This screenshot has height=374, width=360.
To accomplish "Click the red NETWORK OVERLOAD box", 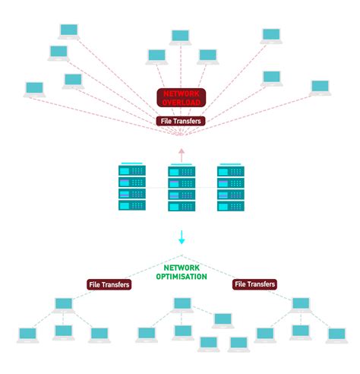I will [x=181, y=97].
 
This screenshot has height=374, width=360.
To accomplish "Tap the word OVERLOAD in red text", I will [x=181, y=102].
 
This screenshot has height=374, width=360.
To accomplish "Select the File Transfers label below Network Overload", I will [x=181, y=121].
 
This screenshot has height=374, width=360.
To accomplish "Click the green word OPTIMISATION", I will [x=182, y=277].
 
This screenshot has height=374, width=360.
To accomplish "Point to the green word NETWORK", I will [x=182, y=268].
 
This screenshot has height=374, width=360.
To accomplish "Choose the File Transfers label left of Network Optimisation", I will [x=109, y=284].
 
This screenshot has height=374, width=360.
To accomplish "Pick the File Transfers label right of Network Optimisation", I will [x=254, y=284].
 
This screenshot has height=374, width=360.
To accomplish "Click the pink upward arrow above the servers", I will [x=181, y=155].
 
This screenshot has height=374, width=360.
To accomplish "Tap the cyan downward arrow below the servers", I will [x=182, y=238].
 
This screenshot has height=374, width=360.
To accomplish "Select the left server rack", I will [x=131, y=188].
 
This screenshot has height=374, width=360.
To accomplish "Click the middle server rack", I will [x=182, y=188].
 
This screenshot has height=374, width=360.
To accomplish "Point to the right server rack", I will [x=232, y=188].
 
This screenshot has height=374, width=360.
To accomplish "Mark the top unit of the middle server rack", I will [x=182, y=170].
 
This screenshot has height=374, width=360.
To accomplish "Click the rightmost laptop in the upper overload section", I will [x=321, y=88].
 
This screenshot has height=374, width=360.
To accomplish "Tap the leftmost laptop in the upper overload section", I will [x=34, y=89].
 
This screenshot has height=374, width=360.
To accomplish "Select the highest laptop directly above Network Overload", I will [x=180, y=37].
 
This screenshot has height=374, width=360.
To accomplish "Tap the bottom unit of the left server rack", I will [x=131, y=206].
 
